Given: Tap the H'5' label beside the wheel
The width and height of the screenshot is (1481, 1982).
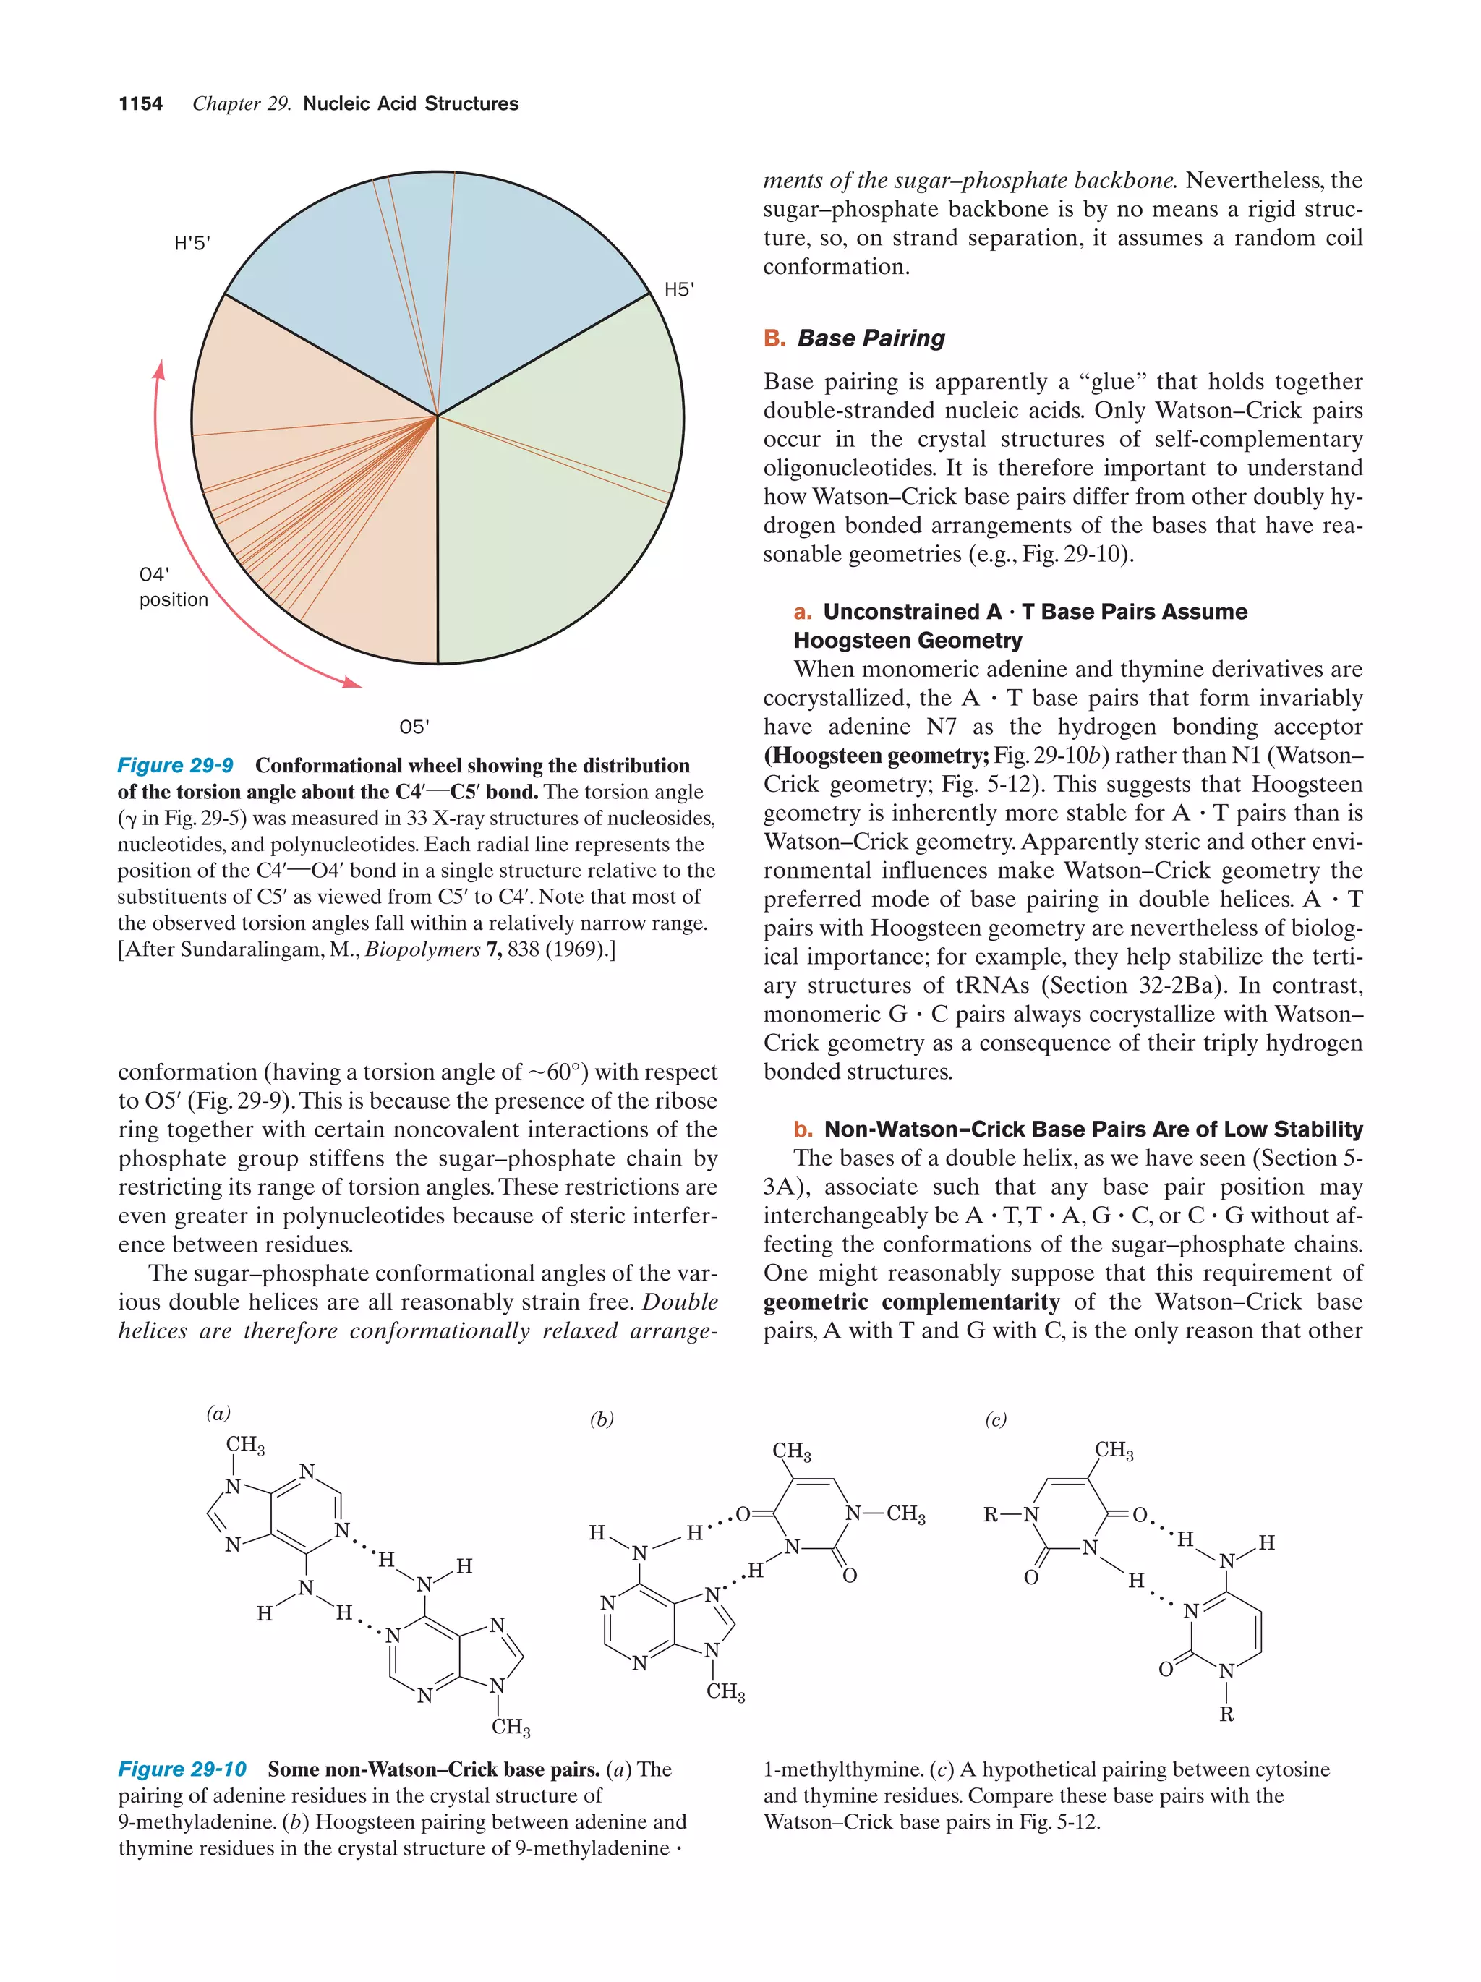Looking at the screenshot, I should [192, 244].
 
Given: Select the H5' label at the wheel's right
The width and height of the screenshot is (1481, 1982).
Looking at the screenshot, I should [678, 289].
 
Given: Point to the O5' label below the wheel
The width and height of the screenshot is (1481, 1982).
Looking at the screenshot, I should [414, 727].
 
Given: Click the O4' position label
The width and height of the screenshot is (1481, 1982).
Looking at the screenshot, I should [173, 587].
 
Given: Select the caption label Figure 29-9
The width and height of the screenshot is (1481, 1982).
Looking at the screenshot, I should [176, 765].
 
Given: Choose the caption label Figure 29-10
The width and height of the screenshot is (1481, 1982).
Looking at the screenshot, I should [182, 1769].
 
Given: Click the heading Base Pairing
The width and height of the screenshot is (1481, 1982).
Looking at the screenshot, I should [871, 338].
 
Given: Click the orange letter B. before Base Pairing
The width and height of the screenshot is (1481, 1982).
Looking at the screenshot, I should [774, 338].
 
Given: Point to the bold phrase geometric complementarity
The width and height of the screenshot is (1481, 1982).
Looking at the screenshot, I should [911, 1302].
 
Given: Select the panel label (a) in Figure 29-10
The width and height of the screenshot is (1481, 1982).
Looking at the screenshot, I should [218, 1413].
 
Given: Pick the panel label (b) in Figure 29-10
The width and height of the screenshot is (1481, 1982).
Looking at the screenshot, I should [601, 1419].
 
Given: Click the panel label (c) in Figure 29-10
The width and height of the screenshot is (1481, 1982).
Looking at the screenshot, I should [995, 1419].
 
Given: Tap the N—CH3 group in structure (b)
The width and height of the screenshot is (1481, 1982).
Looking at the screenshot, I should [884, 1514].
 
